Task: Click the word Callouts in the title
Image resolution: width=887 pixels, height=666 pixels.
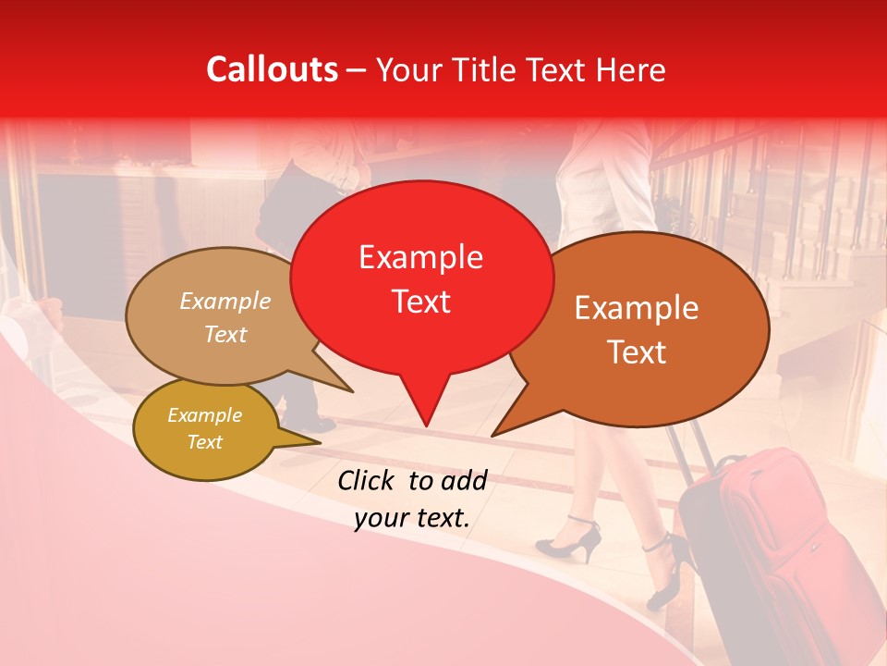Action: click(x=272, y=69)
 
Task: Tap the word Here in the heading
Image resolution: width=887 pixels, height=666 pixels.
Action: click(x=632, y=69)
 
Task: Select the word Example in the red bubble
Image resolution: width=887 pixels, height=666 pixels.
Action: click(x=420, y=257)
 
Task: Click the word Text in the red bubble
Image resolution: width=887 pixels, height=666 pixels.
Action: click(x=420, y=302)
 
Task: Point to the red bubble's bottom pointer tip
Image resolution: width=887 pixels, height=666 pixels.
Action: click(x=426, y=426)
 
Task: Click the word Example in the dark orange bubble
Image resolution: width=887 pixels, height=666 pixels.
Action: click(x=637, y=308)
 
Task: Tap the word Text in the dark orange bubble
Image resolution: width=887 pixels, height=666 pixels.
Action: click(x=637, y=352)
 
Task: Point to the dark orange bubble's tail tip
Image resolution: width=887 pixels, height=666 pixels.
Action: click(x=492, y=436)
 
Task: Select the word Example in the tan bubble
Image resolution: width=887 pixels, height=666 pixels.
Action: click(x=225, y=302)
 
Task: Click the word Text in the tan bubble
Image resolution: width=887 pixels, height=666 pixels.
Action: click(x=225, y=334)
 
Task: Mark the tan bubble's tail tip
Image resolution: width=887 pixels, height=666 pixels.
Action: click(x=353, y=391)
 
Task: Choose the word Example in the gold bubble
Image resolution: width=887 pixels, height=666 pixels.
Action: click(x=204, y=415)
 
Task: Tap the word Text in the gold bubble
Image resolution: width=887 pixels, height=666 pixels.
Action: click(x=204, y=442)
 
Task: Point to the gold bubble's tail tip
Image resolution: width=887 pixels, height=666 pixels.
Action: click(x=321, y=442)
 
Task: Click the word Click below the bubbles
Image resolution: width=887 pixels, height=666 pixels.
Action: click(x=369, y=480)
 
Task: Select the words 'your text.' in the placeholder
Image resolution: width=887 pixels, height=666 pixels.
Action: click(x=412, y=519)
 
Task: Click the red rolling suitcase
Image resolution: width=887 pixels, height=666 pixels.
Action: click(x=776, y=546)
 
